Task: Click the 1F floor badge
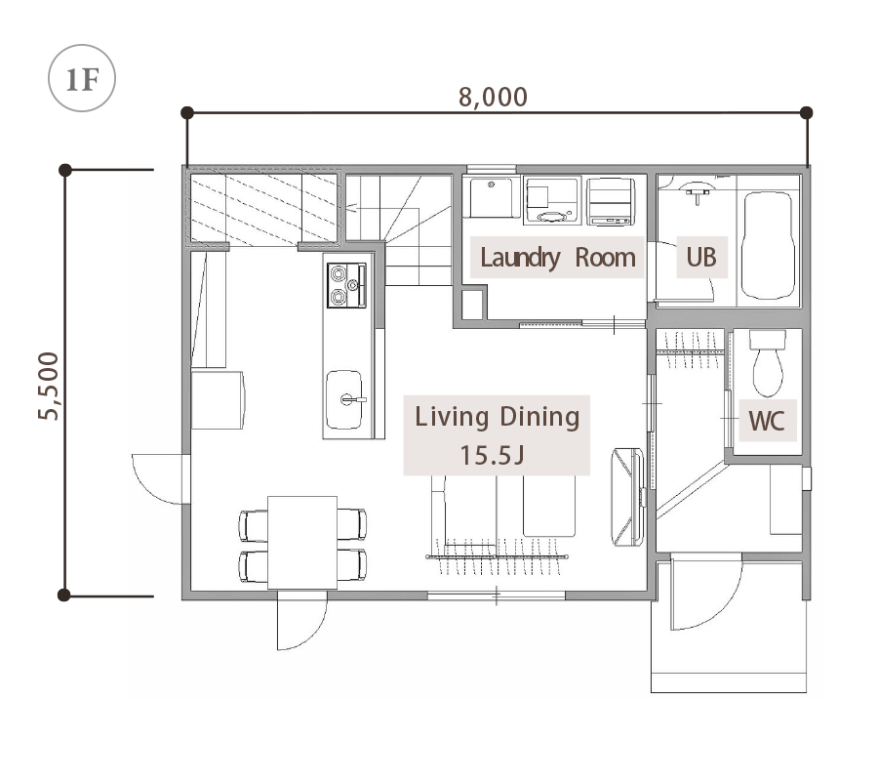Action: [82, 78]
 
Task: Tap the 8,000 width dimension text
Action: [493, 97]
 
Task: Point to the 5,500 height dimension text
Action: [48, 386]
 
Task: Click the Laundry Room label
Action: [558, 258]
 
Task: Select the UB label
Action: [701, 257]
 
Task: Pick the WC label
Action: [766, 420]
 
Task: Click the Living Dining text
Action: [498, 418]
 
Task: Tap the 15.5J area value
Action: [493, 455]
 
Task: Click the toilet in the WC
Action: [767, 363]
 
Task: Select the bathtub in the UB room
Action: [768, 245]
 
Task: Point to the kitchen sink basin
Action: [344, 399]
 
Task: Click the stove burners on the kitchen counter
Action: [346, 285]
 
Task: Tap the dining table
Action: [302, 543]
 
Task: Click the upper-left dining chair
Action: [253, 525]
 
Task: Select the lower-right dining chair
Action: [352, 565]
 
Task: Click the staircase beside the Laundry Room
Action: [399, 229]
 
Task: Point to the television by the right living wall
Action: [627, 496]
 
